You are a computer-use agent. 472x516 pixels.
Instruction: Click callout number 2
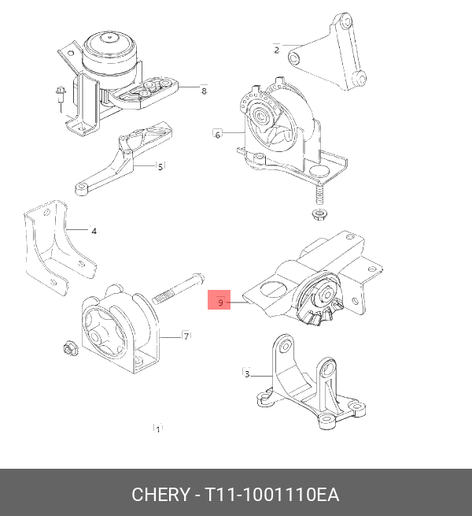point(276,50)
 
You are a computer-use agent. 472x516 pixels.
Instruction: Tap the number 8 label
point(204,91)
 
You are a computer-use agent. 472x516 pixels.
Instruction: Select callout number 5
point(160,167)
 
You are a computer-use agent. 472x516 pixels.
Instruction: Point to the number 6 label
point(217,135)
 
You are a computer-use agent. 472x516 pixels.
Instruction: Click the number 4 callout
point(94,232)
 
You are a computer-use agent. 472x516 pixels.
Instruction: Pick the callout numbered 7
point(186,336)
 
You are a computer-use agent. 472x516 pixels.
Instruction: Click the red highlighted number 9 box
point(219,300)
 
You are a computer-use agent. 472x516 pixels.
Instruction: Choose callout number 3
point(247,374)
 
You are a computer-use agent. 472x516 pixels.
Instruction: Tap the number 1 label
point(158,429)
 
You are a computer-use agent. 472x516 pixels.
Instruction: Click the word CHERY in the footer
point(160,495)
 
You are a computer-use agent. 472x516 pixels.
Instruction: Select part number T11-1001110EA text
point(271,495)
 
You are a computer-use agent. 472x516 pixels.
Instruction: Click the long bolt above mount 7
point(178,288)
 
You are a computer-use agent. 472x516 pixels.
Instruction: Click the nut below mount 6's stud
point(319,214)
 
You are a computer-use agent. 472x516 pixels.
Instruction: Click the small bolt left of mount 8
point(61,97)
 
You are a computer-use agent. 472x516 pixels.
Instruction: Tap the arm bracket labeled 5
point(124,158)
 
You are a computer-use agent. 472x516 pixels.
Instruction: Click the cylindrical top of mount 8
point(109,52)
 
